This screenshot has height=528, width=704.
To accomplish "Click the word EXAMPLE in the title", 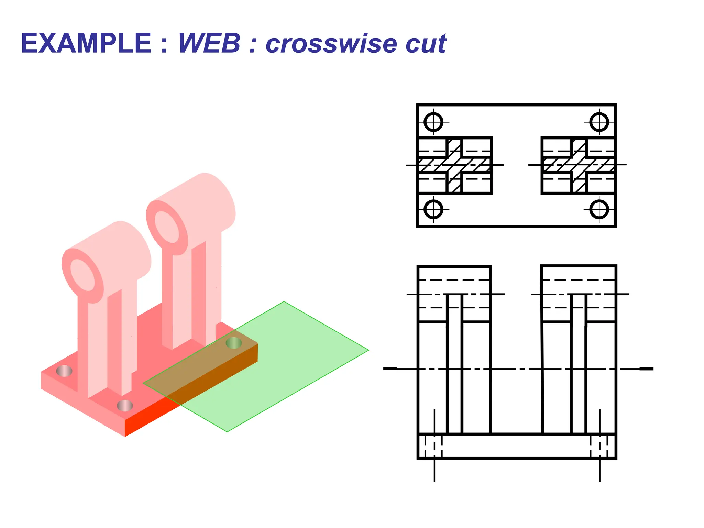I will click(86, 44).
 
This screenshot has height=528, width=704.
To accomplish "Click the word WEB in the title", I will click(209, 44).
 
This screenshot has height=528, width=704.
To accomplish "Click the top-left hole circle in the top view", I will click(433, 122).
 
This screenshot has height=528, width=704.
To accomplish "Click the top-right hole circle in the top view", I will click(599, 122).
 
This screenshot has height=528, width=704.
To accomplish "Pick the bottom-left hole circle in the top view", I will click(433, 209).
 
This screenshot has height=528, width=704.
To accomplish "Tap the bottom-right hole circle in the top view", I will click(599, 209).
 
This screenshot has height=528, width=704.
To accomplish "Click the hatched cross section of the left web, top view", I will click(454, 165).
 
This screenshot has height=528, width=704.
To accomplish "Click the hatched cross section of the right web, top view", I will click(579, 165).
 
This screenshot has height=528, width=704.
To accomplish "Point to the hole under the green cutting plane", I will click(234, 343).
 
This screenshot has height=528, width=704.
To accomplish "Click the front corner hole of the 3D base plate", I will click(125, 406).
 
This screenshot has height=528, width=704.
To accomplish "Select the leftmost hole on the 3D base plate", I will click(64, 371).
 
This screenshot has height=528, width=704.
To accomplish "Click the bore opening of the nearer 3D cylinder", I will click(82, 275).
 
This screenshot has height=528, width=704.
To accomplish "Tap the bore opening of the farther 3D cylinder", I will click(167, 227).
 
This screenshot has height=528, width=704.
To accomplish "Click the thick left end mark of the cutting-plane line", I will click(390, 368).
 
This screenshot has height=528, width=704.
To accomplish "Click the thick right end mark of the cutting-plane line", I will click(646, 369).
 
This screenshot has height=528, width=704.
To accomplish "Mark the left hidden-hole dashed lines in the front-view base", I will click(433, 446).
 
